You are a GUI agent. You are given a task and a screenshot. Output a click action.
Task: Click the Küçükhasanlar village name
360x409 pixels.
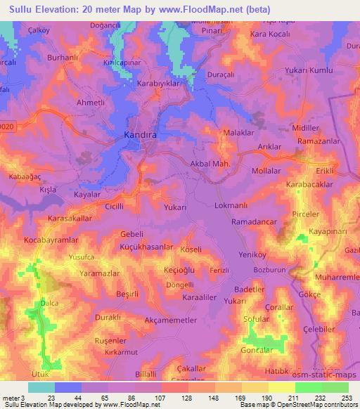pyautogui.click(x=138, y=247)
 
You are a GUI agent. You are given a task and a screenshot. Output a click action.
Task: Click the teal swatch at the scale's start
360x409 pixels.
pyautogui.click(x=41, y=387)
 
